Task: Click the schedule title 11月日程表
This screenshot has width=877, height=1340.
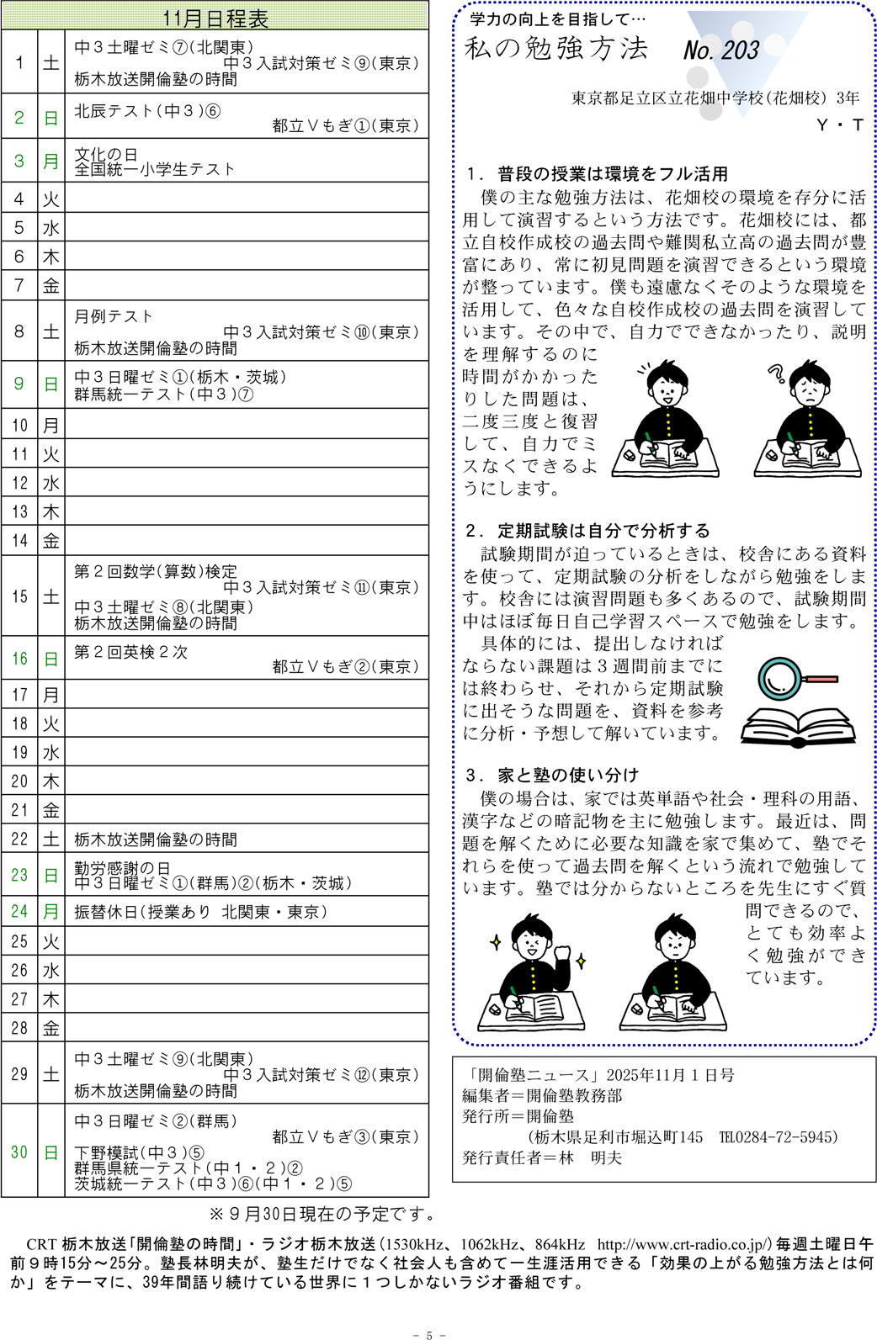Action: click(x=215, y=18)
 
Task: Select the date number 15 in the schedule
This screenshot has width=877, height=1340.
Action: click(x=19, y=596)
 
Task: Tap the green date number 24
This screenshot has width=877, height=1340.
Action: click(x=19, y=911)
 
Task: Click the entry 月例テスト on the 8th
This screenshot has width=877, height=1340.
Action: click(x=114, y=316)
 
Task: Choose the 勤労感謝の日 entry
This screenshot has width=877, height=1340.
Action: click(x=122, y=867)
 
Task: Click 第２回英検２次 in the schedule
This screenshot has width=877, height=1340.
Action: click(x=130, y=651)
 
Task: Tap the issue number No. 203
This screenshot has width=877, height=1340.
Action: click(x=721, y=50)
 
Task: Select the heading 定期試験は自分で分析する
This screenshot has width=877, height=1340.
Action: click(x=603, y=531)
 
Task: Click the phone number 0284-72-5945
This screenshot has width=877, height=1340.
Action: click(x=786, y=1137)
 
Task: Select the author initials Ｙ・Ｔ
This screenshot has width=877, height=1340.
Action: click(x=840, y=125)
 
